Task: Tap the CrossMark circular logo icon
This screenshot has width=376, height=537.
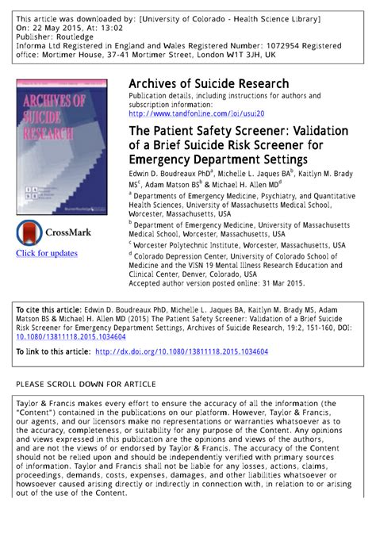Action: [x=31, y=232]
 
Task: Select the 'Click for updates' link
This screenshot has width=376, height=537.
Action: [x=47, y=253]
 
